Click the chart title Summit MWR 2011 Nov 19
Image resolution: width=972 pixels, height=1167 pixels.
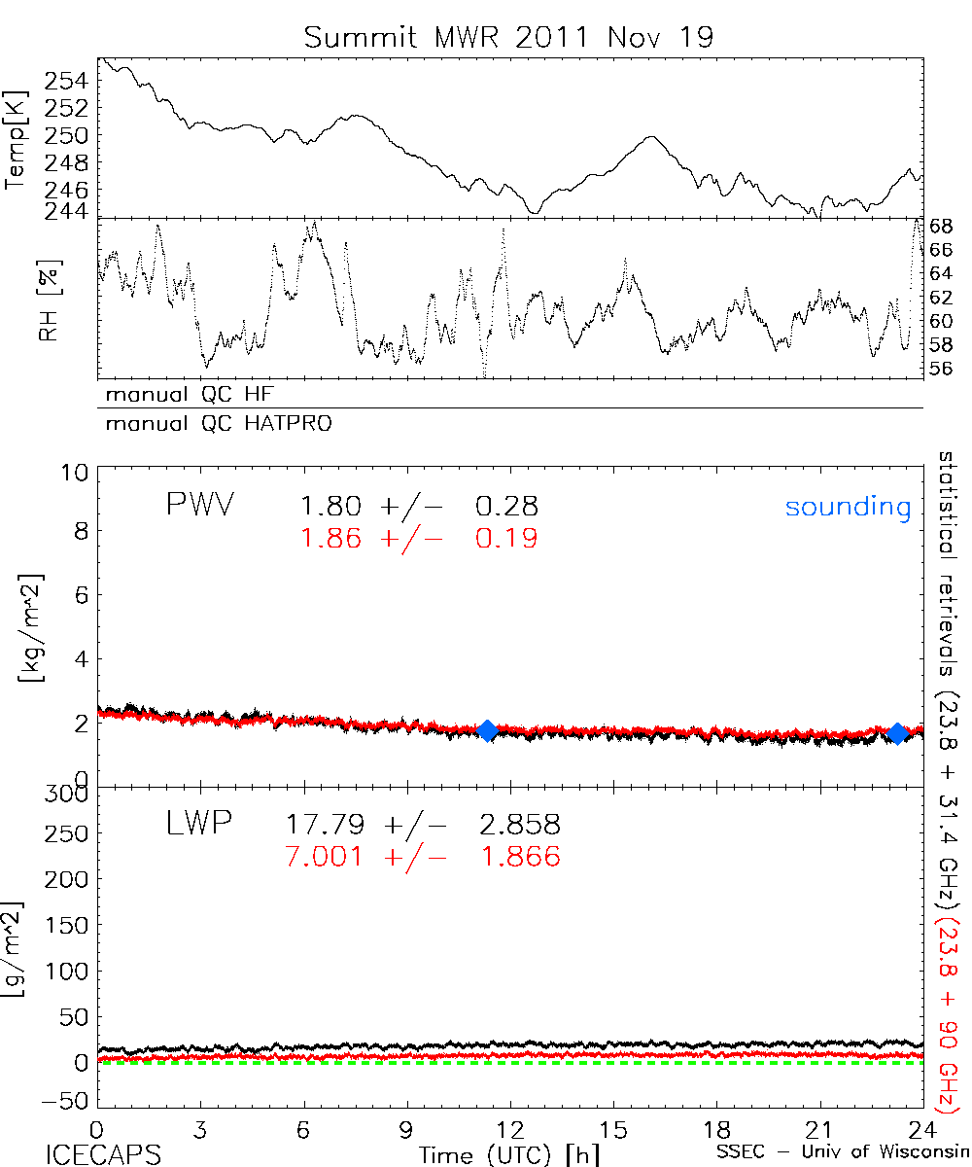point(508,37)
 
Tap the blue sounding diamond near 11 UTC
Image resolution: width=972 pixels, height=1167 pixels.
point(488,731)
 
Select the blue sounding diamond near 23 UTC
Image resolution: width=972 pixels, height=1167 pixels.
point(899,732)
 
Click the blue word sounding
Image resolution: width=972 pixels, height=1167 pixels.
point(848,507)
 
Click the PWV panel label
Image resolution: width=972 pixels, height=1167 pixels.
point(199,506)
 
